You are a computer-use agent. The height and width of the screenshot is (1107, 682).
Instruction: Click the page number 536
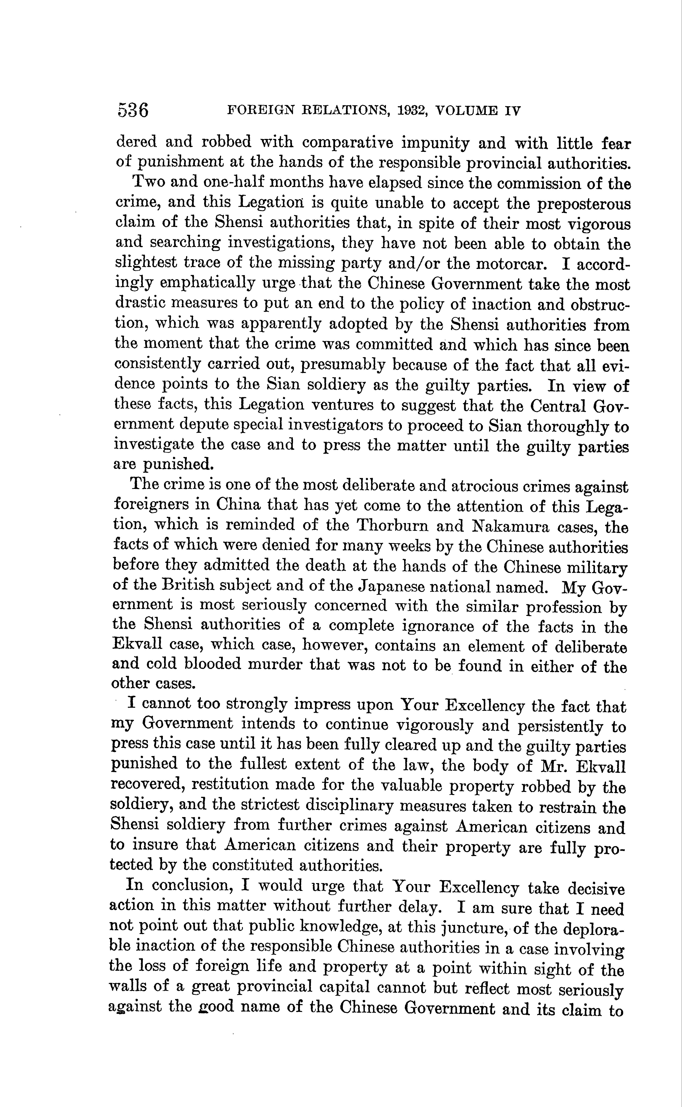(x=133, y=110)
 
